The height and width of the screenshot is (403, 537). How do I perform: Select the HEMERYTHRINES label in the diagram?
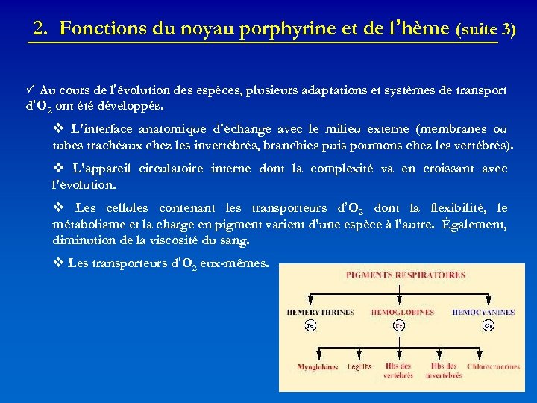(x=318, y=312)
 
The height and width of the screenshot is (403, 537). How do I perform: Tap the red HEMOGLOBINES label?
(x=403, y=312)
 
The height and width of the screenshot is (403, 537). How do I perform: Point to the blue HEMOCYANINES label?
(x=483, y=312)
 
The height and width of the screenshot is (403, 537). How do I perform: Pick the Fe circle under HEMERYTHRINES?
(x=310, y=326)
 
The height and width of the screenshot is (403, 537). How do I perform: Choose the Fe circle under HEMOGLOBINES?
(x=400, y=326)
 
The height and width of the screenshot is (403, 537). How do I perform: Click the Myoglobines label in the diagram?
(x=318, y=367)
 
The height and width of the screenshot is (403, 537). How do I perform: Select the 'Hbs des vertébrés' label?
(x=399, y=371)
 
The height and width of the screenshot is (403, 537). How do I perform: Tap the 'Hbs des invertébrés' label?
(x=444, y=371)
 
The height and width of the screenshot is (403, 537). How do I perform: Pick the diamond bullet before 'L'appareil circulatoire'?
(x=58, y=169)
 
